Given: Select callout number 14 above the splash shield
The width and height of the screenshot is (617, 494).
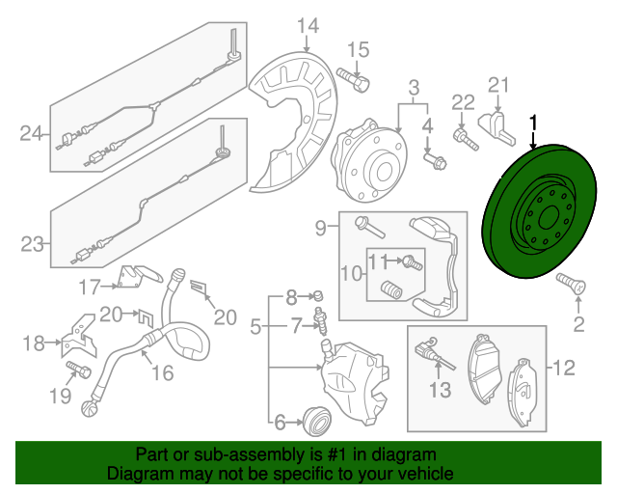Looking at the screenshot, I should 307,24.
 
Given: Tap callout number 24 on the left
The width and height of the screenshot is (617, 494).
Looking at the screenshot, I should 32,134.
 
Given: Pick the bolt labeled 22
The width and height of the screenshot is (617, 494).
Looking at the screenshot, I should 469,140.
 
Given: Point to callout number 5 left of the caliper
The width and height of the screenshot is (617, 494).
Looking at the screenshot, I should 255,328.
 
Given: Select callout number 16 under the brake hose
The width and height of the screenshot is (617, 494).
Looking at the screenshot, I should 161,372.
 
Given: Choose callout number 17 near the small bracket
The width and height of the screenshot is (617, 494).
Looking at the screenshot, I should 89,286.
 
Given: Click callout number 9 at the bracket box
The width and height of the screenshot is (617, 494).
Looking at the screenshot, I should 321,228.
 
